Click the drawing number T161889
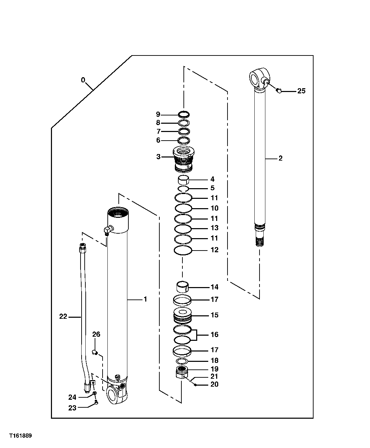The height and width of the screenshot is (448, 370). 21,436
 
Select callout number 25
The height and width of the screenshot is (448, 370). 301,91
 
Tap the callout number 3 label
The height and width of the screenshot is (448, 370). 158,156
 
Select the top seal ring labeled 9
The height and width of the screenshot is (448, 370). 184,115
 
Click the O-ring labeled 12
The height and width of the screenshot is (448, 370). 182,251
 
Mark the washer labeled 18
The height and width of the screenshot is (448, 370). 182,361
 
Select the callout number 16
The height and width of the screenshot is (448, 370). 214,335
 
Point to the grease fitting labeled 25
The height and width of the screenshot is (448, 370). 279,91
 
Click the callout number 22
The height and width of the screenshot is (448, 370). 63,316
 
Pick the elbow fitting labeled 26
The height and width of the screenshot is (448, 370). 95,352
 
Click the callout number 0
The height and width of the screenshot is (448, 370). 83,80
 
